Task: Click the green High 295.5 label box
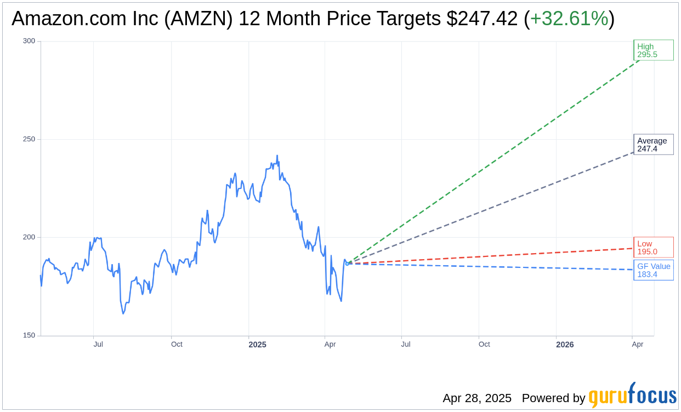click(653, 50)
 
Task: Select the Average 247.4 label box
click(653, 145)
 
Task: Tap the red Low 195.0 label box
click(653, 248)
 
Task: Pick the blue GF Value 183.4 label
click(653, 270)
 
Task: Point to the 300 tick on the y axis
click(29, 41)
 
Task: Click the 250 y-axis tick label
click(29, 139)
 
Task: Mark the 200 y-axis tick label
click(29, 237)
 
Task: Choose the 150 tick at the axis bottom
click(29, 335)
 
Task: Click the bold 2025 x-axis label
click(257, 345)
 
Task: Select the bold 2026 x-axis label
click(565, 345)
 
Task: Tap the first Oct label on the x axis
click(177, 345)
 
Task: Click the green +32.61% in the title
click(569, 19)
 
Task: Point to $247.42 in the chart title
click(482, 19)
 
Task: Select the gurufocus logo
click(632, 396)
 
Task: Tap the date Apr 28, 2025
click(477, 398)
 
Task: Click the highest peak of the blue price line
click(277, 156)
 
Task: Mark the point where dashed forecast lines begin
click(347, 264)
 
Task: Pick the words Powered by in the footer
click(553, 398)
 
